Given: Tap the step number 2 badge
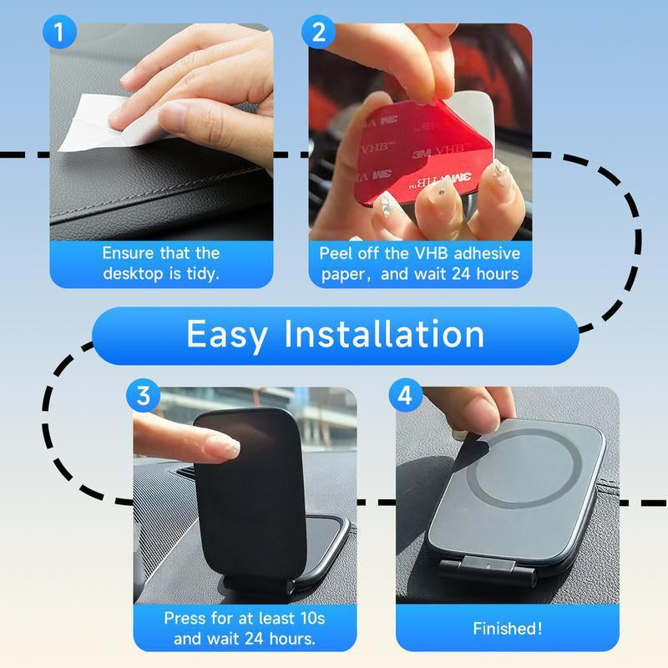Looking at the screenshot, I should pyautogui.click(x=318, y=33).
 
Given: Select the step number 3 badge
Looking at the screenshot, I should pyautogui.click(x=143, y=396).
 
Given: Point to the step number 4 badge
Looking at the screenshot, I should pyautogui.click(x=405, y=396).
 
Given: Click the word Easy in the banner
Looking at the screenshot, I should pyautogui.click(x=227, y=334).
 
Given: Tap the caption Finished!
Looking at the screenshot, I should pyautogui.click(x=507, y=629).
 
